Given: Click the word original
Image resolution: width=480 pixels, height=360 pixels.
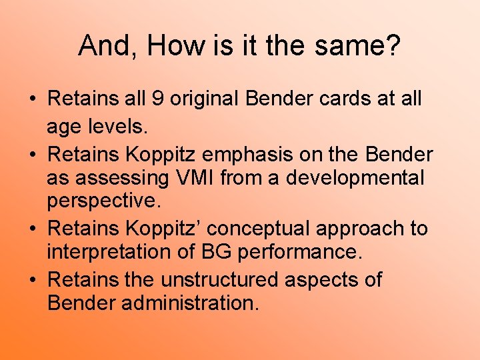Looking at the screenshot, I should [x=205, y=99].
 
